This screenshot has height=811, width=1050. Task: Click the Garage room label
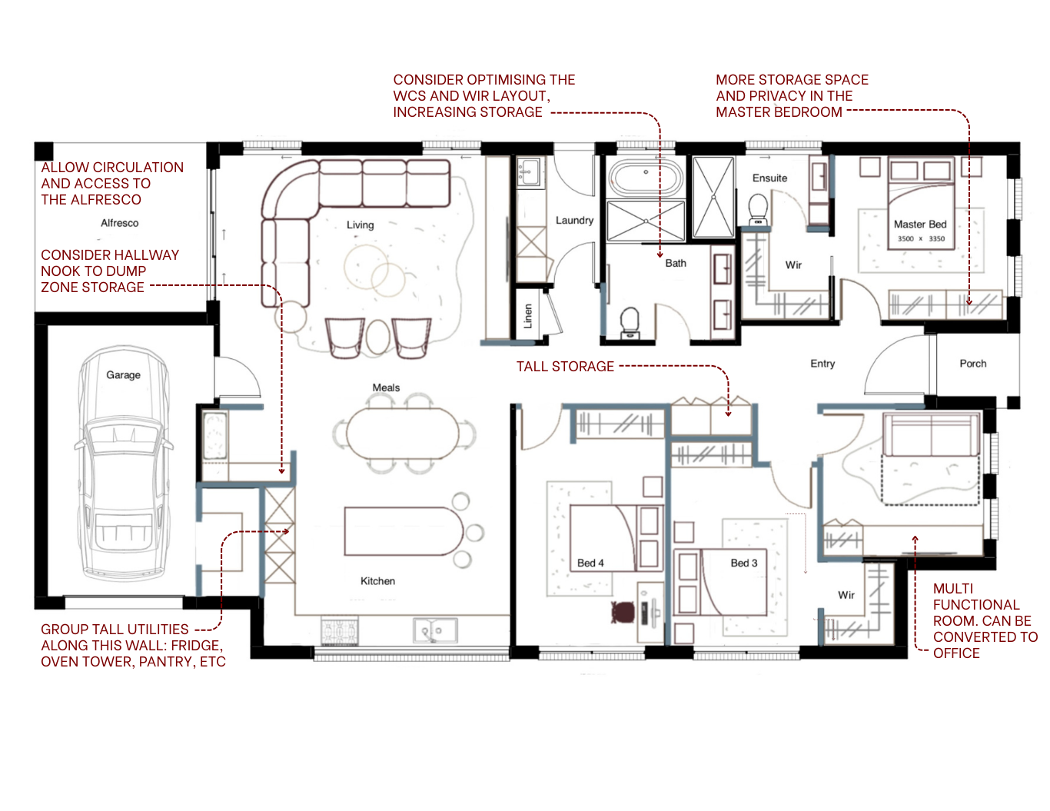click(123, 375)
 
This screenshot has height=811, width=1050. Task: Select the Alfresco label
click(120, 223)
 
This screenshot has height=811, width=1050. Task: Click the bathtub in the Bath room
click(646, 178)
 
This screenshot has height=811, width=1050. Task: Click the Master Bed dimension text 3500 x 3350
click(921, 239)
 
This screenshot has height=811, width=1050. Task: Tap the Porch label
click(972, 364)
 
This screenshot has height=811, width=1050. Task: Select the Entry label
click(822, 364)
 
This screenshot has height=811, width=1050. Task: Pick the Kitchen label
click(377, 581)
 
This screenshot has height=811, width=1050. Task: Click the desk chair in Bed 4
click(623, 613)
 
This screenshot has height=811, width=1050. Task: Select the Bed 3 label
click(743, 563)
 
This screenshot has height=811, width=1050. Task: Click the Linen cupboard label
click(528, 316)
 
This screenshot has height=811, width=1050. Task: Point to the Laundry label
click(574, 220)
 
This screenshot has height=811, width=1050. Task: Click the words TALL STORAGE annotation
click(565, 367)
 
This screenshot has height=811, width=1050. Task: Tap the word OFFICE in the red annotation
click(956, 653)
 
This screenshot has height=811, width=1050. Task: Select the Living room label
click(360, 225)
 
